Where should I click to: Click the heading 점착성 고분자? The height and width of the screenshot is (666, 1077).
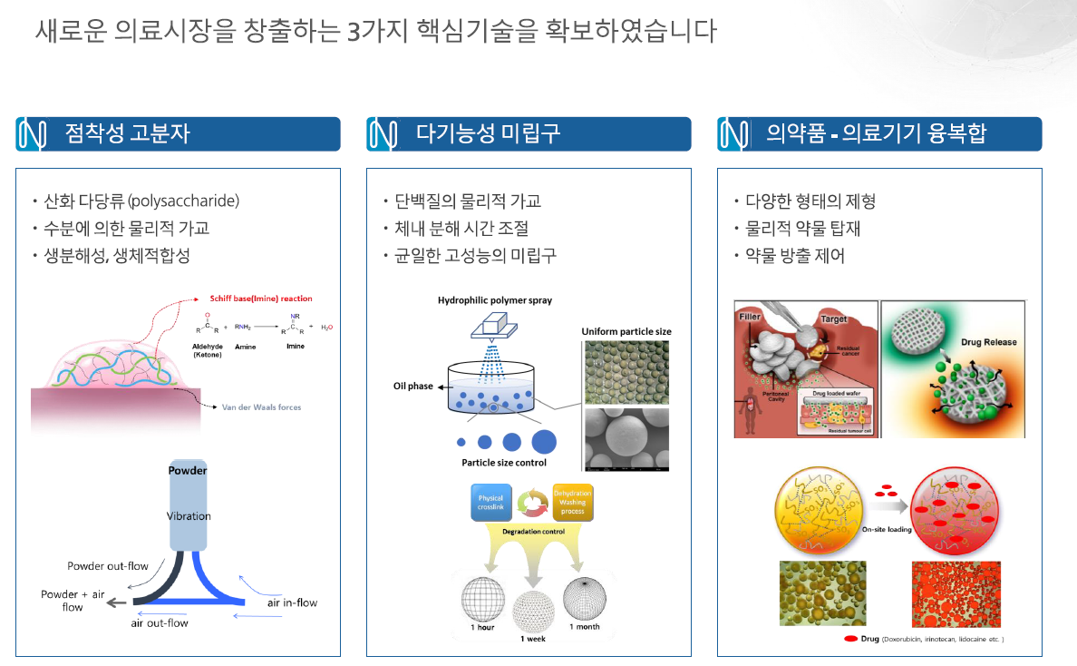pos(127,134)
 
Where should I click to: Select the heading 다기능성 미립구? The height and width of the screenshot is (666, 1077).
pos(488,134)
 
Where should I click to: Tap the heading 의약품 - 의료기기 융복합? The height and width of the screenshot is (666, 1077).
pos(876,134)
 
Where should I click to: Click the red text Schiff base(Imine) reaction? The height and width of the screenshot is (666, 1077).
pos(261,299)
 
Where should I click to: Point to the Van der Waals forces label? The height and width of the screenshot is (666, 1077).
pos(262,407)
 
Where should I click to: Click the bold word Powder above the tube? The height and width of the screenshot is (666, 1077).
pos(188,470)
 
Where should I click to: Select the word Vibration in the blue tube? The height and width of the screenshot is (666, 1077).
pos(189,516)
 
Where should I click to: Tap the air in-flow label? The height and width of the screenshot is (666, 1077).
pos(292,602)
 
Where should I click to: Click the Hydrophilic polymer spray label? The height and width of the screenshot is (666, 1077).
pos(494,300)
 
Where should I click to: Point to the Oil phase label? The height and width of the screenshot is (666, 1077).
pos(413,387)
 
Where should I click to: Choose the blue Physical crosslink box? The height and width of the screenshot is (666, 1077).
pos(490,503)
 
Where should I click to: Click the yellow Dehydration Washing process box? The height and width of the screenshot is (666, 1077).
pos(572,502)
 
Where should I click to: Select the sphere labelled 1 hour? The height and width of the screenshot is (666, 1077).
pos(482,598)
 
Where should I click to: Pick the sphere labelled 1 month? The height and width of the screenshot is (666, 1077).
pos(584,597)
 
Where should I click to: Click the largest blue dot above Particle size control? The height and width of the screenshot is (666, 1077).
pos(544,442)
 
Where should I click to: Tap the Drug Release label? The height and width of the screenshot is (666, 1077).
pos(988,343)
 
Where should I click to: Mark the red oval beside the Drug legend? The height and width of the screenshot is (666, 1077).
pos(850,639)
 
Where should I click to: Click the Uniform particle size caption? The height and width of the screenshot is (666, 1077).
pos(626,332)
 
